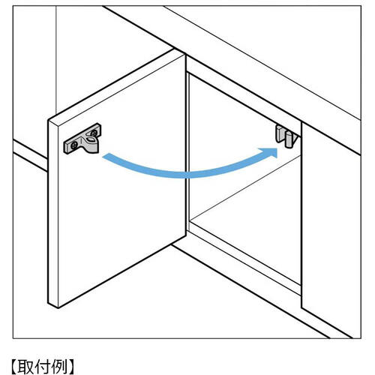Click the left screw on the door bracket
pyautogui.click(x=73, y=145)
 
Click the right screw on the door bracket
pyautogui.click(x=94, y=133)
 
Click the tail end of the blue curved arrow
pyautogui.click(x=104, y=157)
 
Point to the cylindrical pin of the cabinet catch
pyautogui.click(x=288, y=139)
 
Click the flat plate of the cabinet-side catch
pyautogui.click(x=280, y=133)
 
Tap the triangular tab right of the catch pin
pyautogui.click(x=295, y=139)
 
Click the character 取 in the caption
pyautogui.click(x=25, y=366)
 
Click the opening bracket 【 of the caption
pyautogui.click(x=13, y=367)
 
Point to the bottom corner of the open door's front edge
pyautogui.click(x=58, y=307)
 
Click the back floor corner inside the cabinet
pyautogui.click(x=190, y=220)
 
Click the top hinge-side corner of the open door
pyautogui.click(x=185, y=55)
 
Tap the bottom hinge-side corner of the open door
pyautogui.click(x=186, y=235)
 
